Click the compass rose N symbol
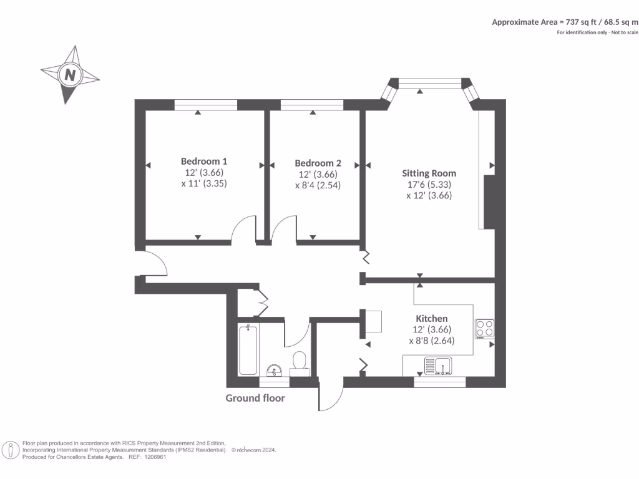[71, 75]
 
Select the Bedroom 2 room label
[318, 163]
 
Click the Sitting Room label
[429, 173]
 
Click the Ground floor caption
[255, 398]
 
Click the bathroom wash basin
[273, 371]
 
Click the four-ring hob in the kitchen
[484, 328]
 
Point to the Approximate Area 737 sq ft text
[565, 22]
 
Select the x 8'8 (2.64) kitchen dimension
[431, 341]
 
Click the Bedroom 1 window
[205, 105]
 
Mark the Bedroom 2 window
[311, 105]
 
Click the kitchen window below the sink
[439, 382]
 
